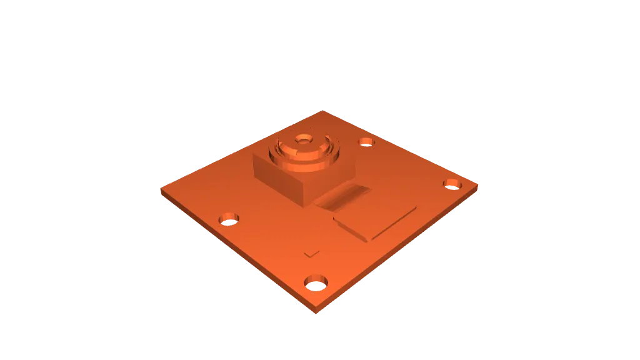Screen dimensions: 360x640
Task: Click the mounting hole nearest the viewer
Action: pyautogui.click(x=317, y=282)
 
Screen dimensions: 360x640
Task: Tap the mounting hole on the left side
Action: pyautogui.click(x=229, y=219)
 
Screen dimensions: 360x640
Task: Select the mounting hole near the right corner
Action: pyautogui.click(x=452, y=184)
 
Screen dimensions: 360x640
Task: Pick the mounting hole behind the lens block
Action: pyautogui.click(x=366, y=141)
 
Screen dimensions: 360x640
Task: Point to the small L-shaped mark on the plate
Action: pyautogui.click(x=311, y=254)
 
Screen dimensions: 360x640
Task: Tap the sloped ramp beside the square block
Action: pyautogui.click(x=343, y=196)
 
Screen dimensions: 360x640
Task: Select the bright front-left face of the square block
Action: pyautogui.click(x=277, y=178)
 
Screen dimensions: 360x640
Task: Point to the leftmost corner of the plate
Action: pyautogui.click(x=161, y=189)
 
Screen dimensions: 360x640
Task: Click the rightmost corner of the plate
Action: pyautogui.click(x=479, y=186)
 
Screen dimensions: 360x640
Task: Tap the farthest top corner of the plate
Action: pyautogui.click(x=322, y=111)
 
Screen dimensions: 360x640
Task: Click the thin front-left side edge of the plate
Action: pyautogui.click(x=237, y=253)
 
